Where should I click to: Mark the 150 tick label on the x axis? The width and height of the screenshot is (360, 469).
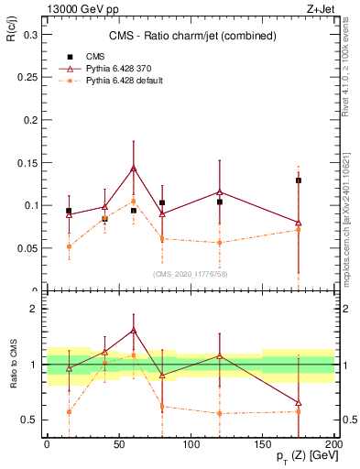(262, 443)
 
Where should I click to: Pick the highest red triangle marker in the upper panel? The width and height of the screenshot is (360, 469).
(134, 169)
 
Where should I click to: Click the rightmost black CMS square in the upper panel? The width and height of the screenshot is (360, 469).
(299, 180)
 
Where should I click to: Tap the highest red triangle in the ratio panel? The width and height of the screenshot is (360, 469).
(134, 331)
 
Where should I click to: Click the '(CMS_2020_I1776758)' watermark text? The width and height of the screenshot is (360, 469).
(190, 272)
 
